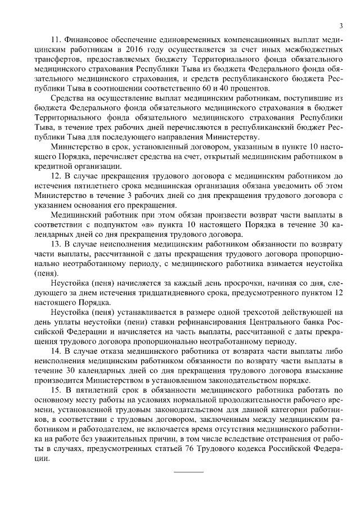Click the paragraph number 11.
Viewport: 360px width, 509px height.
(55, 40)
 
